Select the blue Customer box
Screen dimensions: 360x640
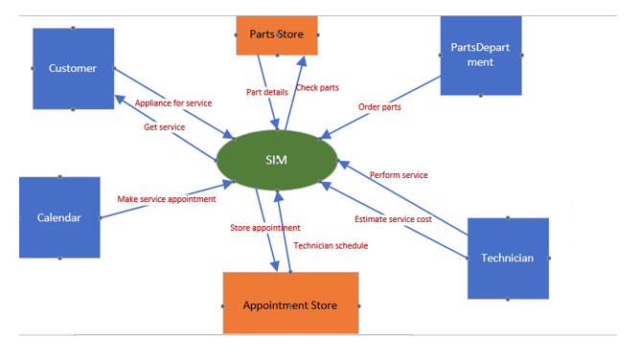click(73, 68)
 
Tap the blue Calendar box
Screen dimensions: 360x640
click(59, 217)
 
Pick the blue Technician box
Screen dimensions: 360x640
click(508, 258)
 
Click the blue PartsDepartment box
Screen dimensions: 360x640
click(480, 56)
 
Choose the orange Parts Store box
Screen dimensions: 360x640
click(277, 34)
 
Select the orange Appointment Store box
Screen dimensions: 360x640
click(290, 304)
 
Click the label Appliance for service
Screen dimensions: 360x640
click(173, 102)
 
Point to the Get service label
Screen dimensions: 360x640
click(164, 126)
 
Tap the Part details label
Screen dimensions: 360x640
click(267, 92)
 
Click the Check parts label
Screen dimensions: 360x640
click(317, 88)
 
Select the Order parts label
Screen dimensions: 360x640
click(379, 106)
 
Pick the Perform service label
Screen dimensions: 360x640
click(399, 175)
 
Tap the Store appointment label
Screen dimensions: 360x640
click(264, 228)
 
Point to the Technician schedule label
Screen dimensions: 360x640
click(331, 245)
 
